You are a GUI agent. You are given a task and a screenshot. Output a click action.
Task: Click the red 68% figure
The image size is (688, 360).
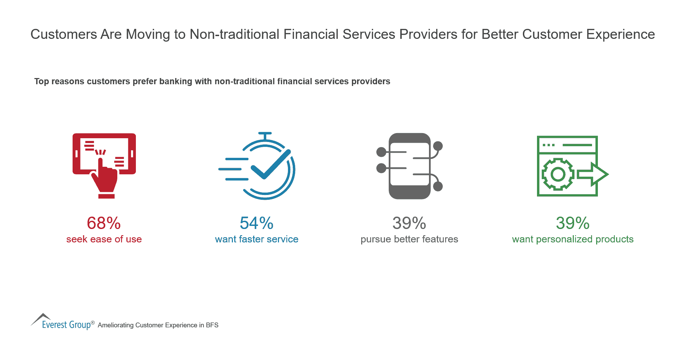click(104, 223)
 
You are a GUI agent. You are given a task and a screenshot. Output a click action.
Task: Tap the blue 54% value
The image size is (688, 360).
click(256, 223)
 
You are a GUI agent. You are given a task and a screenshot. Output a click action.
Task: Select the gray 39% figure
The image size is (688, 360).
click(409, 223)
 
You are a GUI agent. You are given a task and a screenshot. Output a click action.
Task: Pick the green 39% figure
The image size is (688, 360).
click(572, 223)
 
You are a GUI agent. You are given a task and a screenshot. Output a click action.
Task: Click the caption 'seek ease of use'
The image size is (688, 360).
click(104, 239)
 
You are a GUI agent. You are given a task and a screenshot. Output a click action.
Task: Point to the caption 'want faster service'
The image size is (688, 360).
click(257, 239)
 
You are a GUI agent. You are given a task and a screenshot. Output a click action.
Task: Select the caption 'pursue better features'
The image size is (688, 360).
click(409, 239)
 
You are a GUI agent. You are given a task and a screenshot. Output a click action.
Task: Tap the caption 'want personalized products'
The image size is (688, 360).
click(573, 239)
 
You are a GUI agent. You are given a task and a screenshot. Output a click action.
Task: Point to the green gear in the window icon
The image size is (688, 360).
click(558, 174)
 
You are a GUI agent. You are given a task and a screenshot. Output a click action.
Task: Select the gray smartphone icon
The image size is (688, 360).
click(409, 166)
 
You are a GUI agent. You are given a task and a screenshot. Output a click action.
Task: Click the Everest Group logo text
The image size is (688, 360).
click(66, 325)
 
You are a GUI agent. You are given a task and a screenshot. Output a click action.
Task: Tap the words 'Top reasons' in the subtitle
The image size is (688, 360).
click(59, 81)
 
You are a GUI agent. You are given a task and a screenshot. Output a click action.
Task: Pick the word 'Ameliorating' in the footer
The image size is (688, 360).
click(116, 325)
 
